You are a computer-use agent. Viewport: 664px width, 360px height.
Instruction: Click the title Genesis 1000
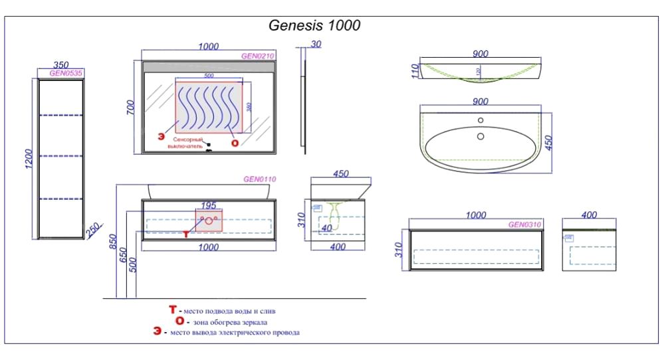click(x=314, y=25)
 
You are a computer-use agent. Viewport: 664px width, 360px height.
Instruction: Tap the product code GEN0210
click(x=258, y=56)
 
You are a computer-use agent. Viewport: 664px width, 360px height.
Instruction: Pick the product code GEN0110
click(x=259, y=179)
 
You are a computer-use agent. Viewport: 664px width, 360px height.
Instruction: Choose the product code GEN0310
click(x=525, y=225)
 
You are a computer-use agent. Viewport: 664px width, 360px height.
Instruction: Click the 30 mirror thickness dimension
click(x=315, y=44)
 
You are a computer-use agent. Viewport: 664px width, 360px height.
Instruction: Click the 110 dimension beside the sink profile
click(x=413, y=71)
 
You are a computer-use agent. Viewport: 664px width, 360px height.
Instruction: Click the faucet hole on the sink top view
click(x=480, y=121)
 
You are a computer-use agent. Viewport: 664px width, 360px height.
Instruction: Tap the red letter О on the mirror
click(x=234, y=142)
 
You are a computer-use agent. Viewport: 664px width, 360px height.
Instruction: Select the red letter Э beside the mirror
click(x=160, y=137)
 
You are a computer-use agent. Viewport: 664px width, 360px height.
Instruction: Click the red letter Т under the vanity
click(x=186, y=234)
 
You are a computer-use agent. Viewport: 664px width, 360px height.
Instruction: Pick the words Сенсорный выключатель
click(x=192, y=144)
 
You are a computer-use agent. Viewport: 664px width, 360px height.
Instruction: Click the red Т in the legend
click(x=173, y=310)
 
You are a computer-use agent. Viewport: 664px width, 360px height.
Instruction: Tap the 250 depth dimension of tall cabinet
click(x=92, y=229)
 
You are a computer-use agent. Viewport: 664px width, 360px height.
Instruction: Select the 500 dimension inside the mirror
click(x=209, y=76)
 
